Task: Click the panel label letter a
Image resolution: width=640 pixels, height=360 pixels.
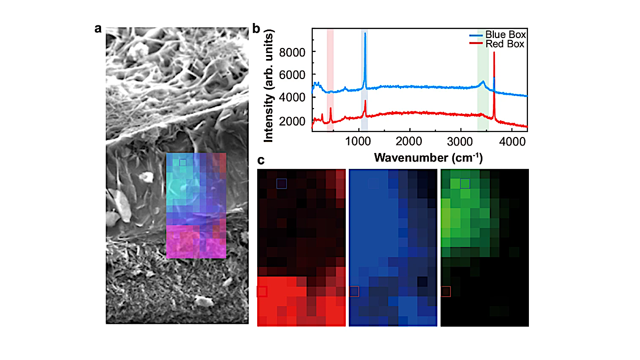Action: [98, 28]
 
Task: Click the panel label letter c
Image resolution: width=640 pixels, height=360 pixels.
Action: [261, 160]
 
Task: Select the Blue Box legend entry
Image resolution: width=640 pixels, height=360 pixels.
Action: [505, 35]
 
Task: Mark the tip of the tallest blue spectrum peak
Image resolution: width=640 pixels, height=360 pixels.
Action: [365, 33]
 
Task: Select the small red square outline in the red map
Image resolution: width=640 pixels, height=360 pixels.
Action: [262, 291]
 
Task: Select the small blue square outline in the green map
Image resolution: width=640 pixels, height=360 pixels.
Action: [465, 183]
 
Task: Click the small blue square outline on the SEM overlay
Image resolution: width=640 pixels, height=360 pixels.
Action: [183, 162]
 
